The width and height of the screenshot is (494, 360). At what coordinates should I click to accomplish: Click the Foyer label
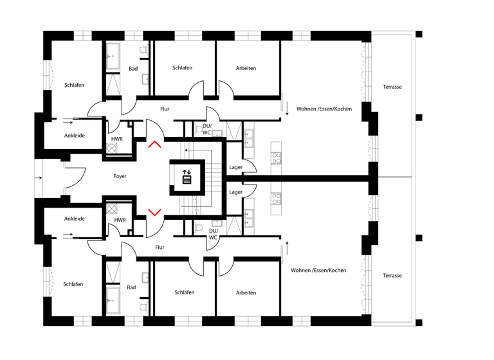[120, 176]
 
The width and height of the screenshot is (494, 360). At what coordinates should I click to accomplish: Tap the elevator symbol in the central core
[187, 176]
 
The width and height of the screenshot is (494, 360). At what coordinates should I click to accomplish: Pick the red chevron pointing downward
[154, 212]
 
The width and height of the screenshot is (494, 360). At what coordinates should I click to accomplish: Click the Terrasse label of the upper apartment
[392, 87]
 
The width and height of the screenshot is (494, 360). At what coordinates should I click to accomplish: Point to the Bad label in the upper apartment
[133, 69]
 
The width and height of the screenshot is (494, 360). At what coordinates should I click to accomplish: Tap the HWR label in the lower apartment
[120, 220]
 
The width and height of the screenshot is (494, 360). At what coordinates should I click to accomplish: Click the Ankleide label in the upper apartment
[74, 136]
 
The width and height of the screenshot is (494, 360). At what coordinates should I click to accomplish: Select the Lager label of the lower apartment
[236, 192]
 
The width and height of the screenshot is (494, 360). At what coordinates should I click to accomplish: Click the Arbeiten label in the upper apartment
[246, 68]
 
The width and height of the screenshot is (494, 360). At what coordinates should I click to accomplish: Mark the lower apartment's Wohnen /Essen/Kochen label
[318, 270]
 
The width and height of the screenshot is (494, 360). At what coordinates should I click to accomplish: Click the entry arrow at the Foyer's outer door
[40, 177]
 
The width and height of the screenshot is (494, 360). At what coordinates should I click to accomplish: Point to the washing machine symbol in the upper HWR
[111, 148]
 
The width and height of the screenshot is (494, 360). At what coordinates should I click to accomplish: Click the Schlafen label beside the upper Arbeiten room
[183, 68]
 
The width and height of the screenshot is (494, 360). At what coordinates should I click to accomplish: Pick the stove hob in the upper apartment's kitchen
[276, 156]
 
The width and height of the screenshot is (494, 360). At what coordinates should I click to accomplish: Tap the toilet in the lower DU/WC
[199, 228]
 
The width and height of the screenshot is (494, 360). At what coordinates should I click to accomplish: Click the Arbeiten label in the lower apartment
[246, 292]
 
